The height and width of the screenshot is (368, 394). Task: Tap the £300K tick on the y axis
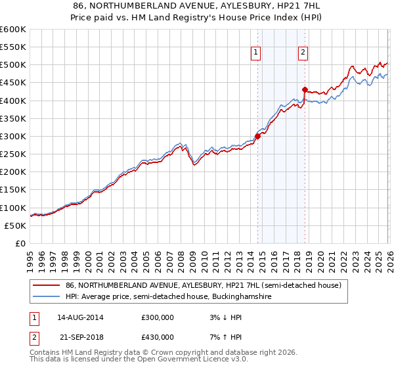12,136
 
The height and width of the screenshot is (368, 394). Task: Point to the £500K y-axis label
12,64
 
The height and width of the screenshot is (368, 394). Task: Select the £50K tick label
15,225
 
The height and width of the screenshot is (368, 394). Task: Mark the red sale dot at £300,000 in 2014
257,136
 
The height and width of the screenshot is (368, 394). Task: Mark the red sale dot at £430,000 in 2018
305,89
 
